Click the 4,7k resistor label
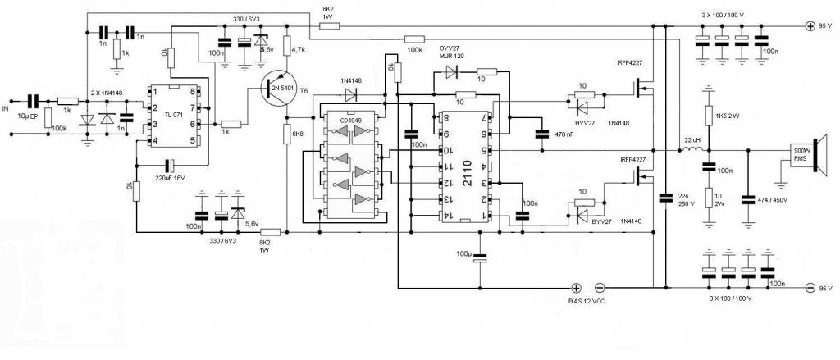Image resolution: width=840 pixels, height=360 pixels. [x=298, y=50]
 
